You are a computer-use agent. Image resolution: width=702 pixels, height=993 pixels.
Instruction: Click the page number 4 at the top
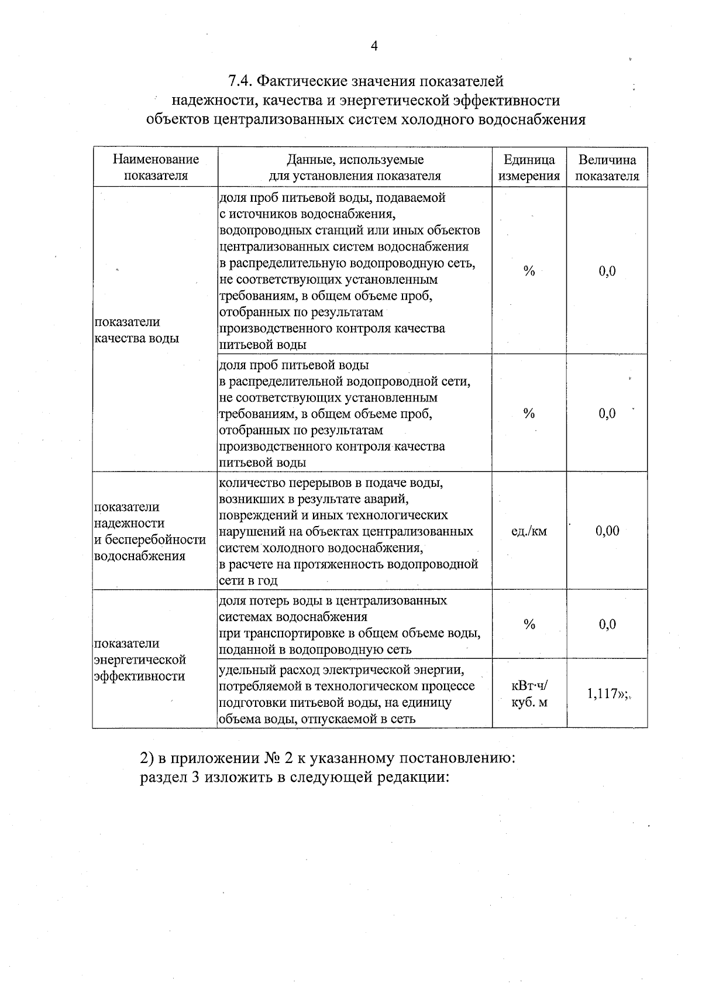point(374,47)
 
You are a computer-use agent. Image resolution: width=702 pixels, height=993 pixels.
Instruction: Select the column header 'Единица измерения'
point(529,167)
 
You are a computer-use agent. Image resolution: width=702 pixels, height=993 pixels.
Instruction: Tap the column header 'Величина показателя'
point(607,167)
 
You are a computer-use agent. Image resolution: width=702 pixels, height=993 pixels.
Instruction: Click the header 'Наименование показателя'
point(156,167)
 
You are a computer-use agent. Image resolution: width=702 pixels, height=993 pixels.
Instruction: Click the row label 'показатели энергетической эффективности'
point(140,659)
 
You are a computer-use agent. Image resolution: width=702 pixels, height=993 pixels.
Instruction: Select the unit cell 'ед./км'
point(529,531)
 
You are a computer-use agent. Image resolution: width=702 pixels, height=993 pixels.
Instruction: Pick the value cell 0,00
point(607,531)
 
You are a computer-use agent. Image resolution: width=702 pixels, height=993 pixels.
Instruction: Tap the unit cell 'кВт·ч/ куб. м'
point(529,693)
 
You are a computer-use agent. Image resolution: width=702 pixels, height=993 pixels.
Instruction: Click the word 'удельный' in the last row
point(246,669)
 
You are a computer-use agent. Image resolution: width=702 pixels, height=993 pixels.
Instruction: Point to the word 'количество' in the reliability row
point(250,483)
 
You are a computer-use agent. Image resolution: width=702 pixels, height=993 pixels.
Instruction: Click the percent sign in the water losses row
point(529,624)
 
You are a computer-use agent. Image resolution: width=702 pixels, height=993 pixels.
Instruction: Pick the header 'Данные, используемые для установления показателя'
point(355,167)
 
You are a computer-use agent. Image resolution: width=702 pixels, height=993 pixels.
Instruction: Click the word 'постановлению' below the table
point(455,759)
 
